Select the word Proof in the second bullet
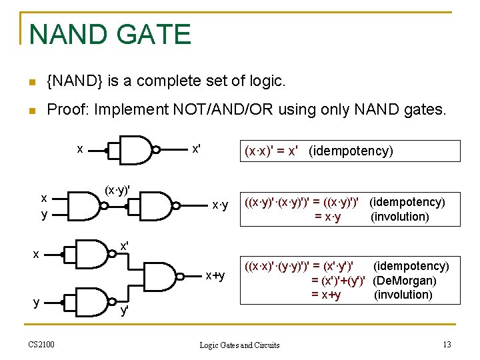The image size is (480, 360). pyautogui.click(x=67, y=109)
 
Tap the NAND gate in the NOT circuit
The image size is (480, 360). pyautogui.click(x=137, y=149)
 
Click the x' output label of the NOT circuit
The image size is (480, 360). pyautogui.click(x=196, y=149)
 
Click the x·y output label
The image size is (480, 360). pyautogui.click(x=219, y=205)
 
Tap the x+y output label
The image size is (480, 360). pyautogui.click(x=215, y=275)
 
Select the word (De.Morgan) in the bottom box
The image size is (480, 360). pyautogui.click(x=405, y=281)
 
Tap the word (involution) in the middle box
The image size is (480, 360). pyautogui.click(x=399, y=217)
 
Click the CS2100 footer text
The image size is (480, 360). pyautogui.click(x=41, y=344)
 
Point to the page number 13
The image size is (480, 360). pyautogui.click(x=447, y=344)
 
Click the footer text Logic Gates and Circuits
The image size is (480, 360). pyautogui.click(x=240, y=345)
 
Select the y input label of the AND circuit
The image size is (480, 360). pyautogui.click(x=44, y=215)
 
